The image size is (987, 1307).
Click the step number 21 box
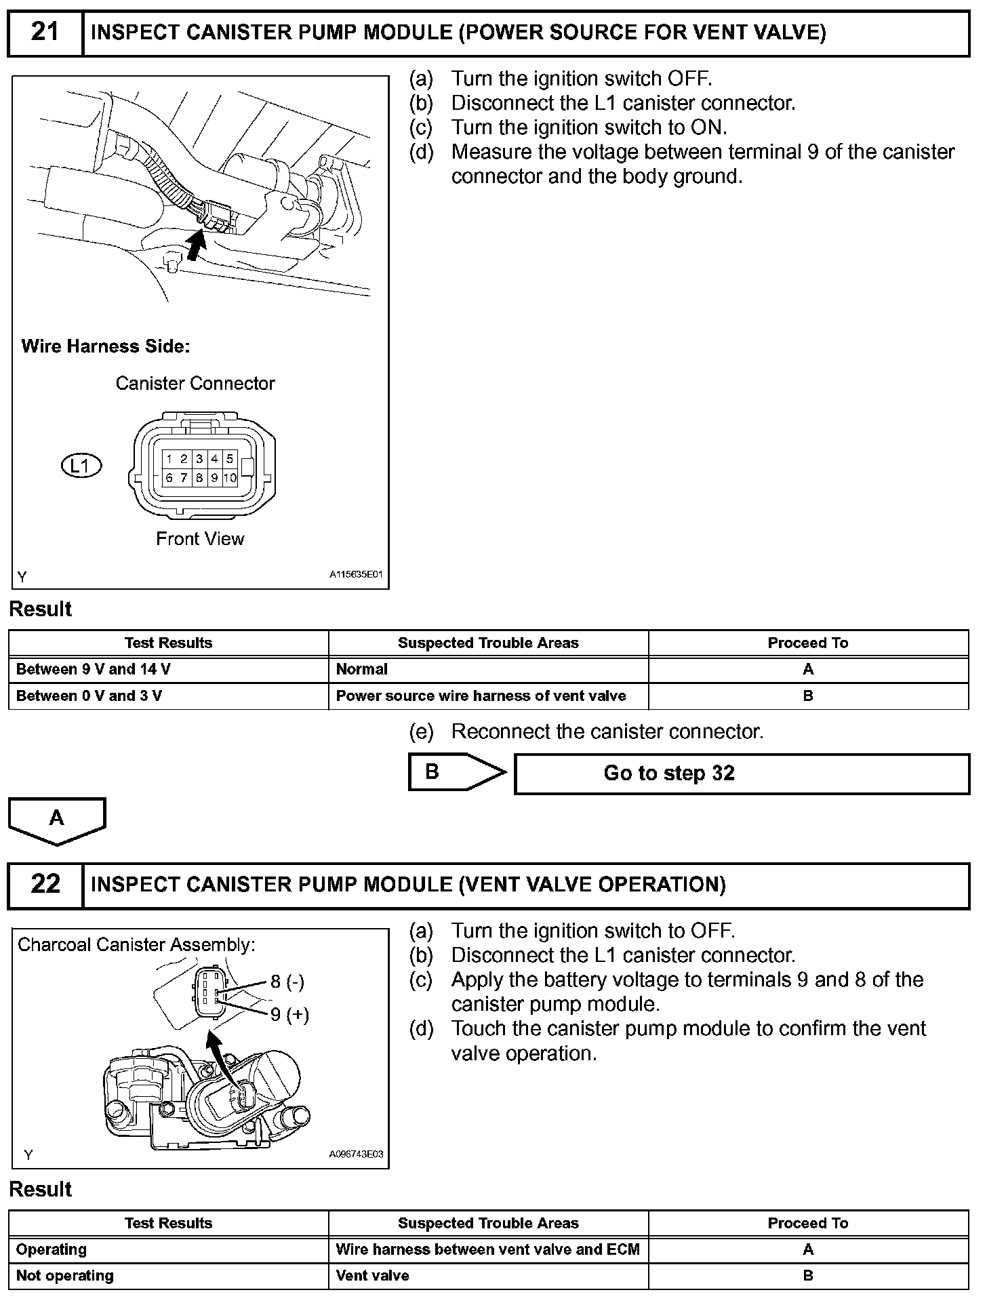click(x=45, y=33)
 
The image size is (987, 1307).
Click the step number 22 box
click(x=45, y=885)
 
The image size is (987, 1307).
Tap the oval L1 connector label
click(x=81, y=466)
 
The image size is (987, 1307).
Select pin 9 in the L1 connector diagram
click(x=214, y=478)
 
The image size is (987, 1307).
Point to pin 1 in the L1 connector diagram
click(x=169, y=459)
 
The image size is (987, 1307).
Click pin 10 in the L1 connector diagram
click(x=230, y=478)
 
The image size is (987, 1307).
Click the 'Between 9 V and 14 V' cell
click(x=168, y=670)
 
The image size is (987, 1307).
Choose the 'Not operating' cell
click(x=168, y=1276)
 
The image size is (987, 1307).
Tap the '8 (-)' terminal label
click(x=287, y=982)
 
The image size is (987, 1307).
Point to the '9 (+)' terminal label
click(x=289, y=1014)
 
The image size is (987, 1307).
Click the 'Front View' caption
click(x=200, y=539)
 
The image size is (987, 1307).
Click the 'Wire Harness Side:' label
click(x=106, y=346)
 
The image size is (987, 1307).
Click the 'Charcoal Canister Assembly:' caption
click(x=137, y=945)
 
